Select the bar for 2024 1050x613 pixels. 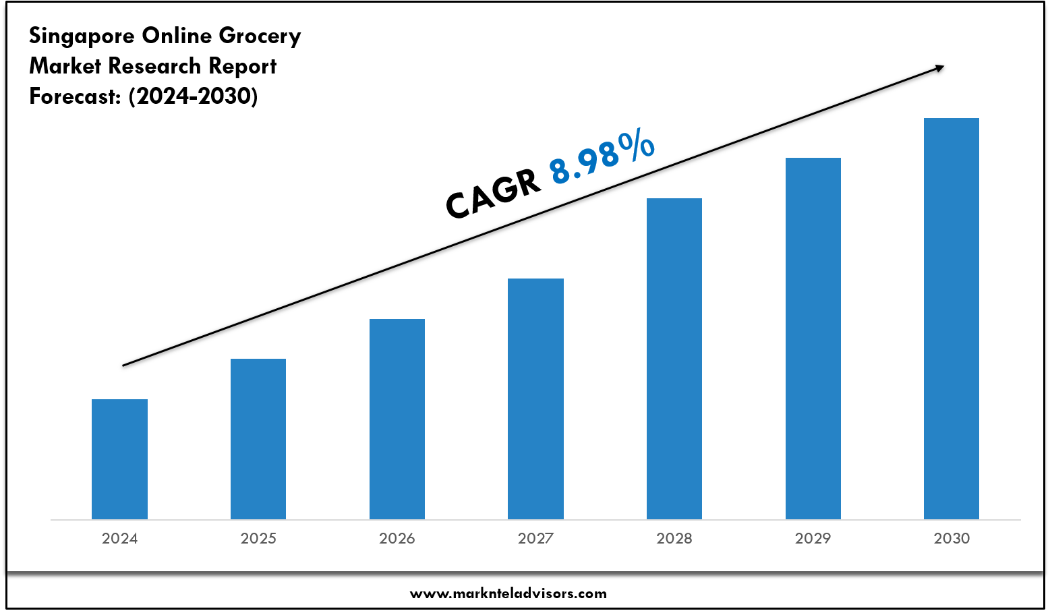pos(119,459)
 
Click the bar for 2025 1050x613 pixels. pos(258,439)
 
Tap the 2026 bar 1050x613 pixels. pos(397,419)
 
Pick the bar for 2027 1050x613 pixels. pos(535,399)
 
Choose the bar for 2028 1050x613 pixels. pos(674,359)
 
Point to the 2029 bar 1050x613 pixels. pos(813,339)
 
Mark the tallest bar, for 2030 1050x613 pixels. pos(952,318)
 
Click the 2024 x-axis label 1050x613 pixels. pos(119,538)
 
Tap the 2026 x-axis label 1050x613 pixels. pos(397,538)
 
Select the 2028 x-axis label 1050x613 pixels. pos(674,538)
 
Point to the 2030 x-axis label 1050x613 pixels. pos(952,538)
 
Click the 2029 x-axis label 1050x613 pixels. pos(813,538)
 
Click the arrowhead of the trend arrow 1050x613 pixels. pos(938,67)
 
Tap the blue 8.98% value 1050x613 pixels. pos(602,159)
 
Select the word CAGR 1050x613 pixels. pos(493,195)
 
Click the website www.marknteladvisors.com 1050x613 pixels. pos(508,593)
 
